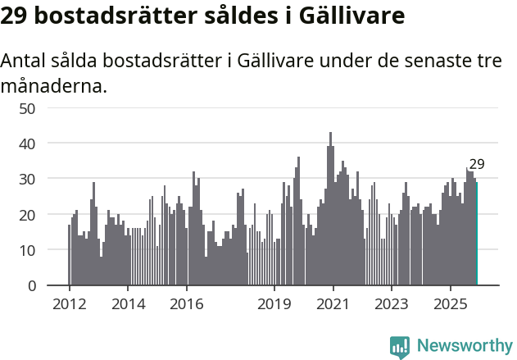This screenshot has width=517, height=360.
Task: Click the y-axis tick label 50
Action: coord(27,108)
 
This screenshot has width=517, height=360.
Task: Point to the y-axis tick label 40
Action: coord(27,144)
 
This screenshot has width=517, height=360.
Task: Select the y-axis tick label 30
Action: coord(27,179)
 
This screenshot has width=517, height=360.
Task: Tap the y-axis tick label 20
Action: coord(27,215)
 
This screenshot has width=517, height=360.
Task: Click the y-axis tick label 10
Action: coord(27,250)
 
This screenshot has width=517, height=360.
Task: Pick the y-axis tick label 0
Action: coord(31,285)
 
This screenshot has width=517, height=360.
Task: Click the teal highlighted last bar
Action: coord(477,234)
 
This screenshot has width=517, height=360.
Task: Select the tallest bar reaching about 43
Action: coord(331,209)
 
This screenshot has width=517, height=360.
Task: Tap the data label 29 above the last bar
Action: coord(477,164)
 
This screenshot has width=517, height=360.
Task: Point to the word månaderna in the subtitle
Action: coord(54,85)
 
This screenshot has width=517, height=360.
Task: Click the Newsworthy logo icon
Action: coord(400,347)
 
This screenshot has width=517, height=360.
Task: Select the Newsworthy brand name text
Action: coord(465,346)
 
